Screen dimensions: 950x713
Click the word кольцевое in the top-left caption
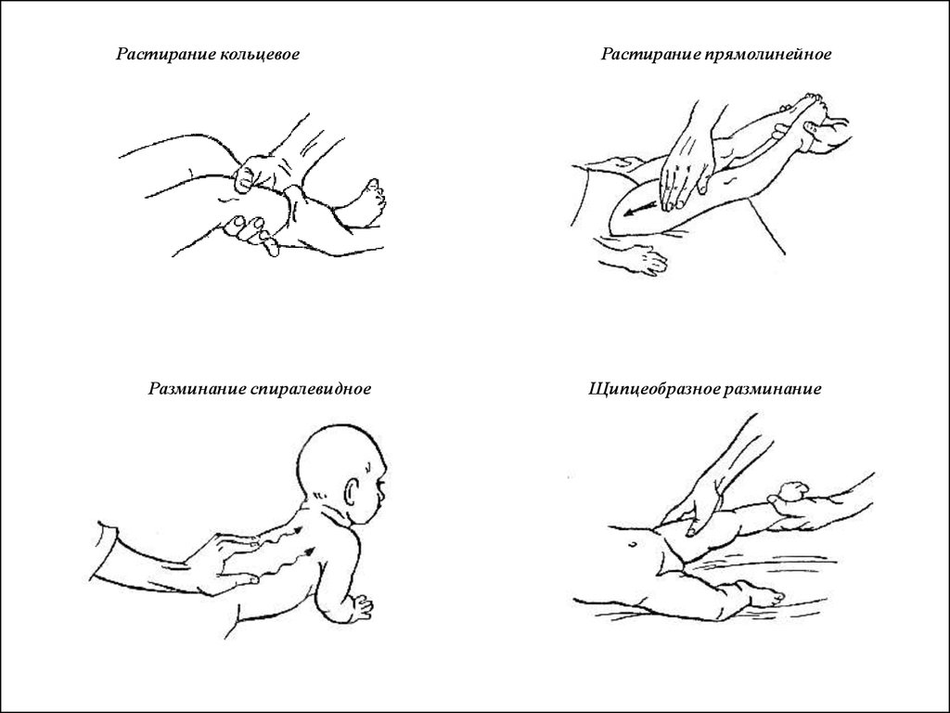260,54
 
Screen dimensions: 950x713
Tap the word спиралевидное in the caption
310,389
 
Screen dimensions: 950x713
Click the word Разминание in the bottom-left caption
197,389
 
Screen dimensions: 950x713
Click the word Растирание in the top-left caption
166,54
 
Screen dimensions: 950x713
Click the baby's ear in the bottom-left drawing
353,494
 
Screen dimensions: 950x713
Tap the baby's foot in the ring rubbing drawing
371,201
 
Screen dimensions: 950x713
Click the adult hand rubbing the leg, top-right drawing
687,170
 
